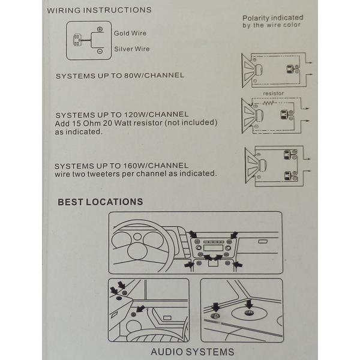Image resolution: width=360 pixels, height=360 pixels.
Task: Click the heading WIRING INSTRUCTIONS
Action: click(x=99, y=10)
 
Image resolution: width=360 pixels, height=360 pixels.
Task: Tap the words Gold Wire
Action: click(x=130, y=34)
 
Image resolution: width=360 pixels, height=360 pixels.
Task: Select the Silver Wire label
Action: click(x=132, y=49)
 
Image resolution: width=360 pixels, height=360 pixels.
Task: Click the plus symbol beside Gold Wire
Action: click(x=100, y=29)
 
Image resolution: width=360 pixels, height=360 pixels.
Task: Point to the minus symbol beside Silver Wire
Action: click(x=100, y=52)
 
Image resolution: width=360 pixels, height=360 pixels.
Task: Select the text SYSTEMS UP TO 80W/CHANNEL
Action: click(x=119, y=76)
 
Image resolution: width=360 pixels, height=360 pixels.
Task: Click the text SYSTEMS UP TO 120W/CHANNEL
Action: click(x=122, y=114)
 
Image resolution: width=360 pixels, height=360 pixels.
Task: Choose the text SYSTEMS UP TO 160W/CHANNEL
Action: click(x=121, y=166)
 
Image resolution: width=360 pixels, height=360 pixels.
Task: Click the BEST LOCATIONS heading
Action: click(x=100, y=202)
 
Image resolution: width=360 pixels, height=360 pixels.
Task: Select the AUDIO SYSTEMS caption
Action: click(x=192, y=352)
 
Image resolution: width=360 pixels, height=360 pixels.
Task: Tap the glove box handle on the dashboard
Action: click(x=263, y=241)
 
